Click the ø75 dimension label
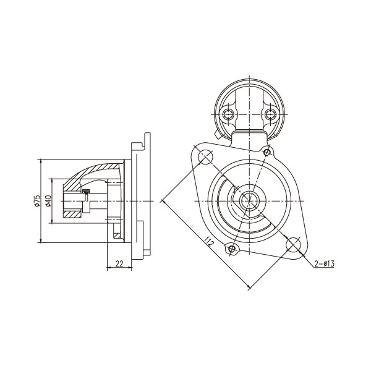[36, 200]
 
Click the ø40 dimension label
[48, 200]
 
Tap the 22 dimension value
[119, 263]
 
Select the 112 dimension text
[209, 242]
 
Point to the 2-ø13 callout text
[325, 263]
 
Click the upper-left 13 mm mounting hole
[206, 156]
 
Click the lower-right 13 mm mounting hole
[293, 244]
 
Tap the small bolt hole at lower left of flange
[232, 249]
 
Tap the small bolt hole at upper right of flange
[267, 152]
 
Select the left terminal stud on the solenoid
[228, 114]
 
